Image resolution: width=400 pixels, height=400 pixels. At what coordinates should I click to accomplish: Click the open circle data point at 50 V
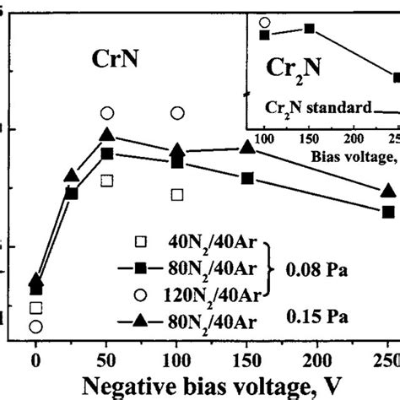(106, 112)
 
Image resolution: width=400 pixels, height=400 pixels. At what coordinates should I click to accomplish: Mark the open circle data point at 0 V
(35, 327)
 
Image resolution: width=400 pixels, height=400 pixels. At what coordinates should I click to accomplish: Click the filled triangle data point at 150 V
(247, 147)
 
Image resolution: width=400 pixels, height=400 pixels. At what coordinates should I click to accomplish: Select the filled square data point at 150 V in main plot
(247, 178)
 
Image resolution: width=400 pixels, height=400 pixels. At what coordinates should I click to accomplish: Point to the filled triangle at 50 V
(106, 135)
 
